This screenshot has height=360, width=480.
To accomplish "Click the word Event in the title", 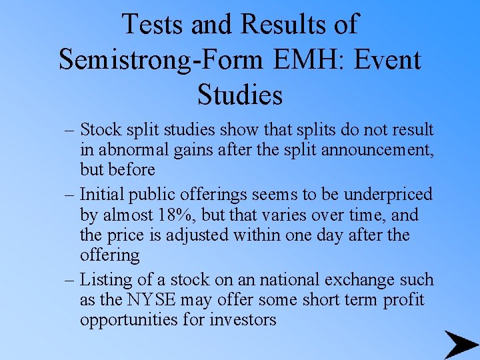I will tap(389, 59).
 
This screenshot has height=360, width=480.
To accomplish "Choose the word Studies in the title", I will tap(240, 94).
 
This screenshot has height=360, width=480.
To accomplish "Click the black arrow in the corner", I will tap(461, 345).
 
